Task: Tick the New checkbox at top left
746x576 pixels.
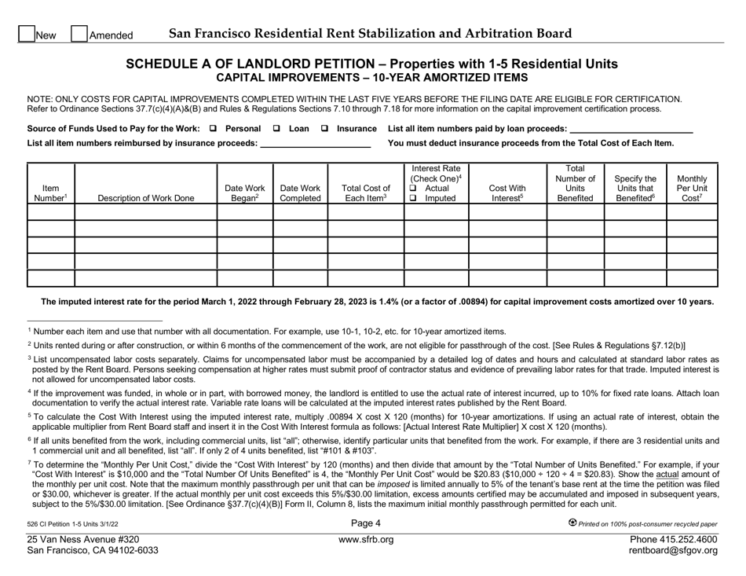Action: tap(26, 34)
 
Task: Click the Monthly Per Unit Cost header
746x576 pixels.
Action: tap(691, 188)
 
